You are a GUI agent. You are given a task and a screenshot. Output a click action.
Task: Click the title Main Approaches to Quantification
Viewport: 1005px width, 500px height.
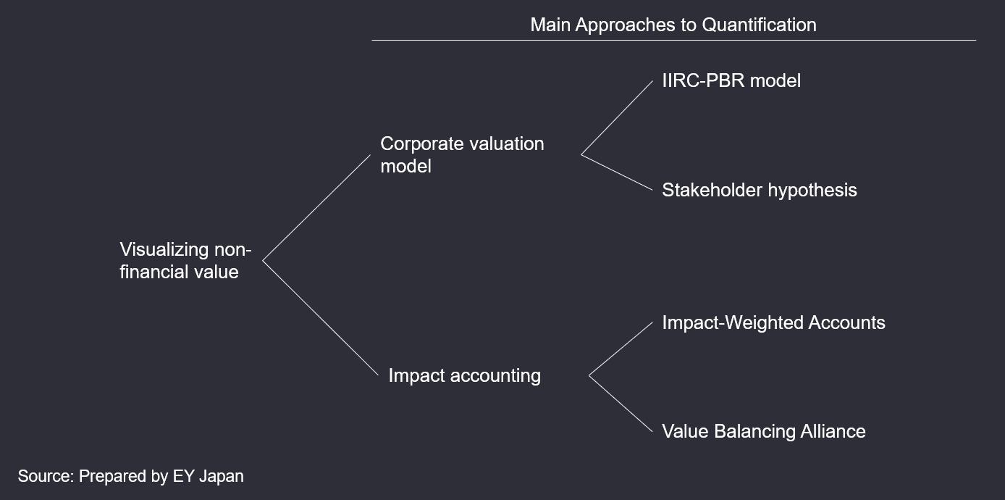click(673, 25)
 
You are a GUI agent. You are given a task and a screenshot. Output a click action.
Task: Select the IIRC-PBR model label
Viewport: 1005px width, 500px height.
click(731, 80)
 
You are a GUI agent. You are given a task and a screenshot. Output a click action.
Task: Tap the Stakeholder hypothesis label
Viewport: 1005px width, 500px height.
click(759, 191)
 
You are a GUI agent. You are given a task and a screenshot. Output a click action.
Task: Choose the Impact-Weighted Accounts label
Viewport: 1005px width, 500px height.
click(773, 322)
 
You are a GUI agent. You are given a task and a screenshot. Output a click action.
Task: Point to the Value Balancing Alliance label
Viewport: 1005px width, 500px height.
click(764, 431)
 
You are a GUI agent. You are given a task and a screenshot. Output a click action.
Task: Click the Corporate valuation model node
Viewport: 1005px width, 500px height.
click(462, 155)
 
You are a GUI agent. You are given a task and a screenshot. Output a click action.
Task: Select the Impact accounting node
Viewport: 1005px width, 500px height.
click(464, 375)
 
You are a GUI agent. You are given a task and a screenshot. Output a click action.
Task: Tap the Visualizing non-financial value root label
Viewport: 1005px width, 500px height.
click(185, 260)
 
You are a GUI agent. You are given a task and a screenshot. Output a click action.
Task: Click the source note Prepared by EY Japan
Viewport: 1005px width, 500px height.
click(130, 476)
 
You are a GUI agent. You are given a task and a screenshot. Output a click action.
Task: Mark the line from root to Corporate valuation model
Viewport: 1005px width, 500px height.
click(316, 208)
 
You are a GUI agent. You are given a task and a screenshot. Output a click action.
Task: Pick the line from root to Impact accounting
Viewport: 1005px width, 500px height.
click(320, 318)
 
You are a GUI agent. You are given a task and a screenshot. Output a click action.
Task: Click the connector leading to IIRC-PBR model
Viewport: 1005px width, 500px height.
click(617, 118)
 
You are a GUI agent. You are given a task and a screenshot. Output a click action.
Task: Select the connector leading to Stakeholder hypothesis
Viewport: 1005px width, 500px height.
click(617, 172)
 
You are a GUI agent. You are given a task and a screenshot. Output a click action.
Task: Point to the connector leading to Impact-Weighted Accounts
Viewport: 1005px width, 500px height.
click(621, 349)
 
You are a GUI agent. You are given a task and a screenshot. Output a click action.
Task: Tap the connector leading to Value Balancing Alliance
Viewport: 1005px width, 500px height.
click(621, 404)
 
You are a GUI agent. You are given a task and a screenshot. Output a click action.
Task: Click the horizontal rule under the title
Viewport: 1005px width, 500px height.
click(674, 40)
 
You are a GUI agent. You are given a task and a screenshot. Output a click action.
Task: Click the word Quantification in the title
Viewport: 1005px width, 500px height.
click(759, 25)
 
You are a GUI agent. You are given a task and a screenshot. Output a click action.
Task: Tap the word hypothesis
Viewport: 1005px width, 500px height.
click(812, 191)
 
